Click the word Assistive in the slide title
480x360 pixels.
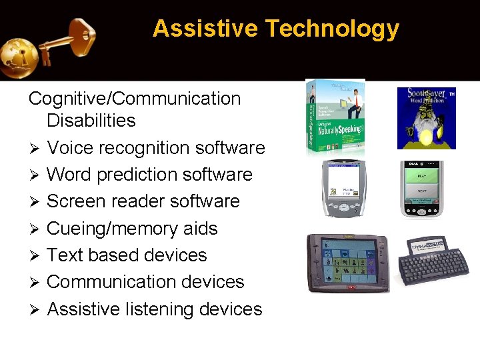[205, 29]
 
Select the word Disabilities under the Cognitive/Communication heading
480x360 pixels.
[91, 121]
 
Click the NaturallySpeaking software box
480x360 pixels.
[335, 117]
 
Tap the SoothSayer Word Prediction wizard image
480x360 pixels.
[426, 118]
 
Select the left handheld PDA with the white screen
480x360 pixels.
[344, 189]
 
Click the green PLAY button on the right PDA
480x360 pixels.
[421, 176]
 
